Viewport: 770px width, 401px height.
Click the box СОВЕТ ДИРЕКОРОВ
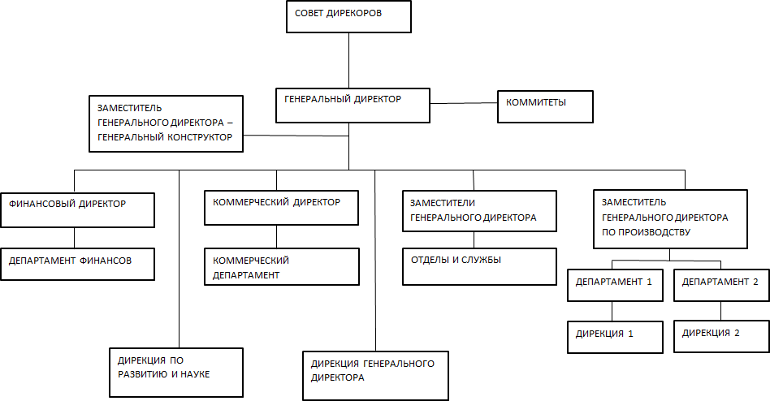(x=348, y=17)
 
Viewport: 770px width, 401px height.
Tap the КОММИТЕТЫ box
(x=545, y=106)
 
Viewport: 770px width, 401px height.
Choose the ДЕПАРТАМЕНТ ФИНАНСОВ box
(x=78, y=264)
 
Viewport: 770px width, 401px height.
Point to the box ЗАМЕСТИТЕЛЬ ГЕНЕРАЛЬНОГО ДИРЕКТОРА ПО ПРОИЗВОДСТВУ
(x=669, y=218)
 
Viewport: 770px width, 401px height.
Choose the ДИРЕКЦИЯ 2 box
(x=720, y=335)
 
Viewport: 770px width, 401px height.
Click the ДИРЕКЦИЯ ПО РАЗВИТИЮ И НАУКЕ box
(x=176, y=372)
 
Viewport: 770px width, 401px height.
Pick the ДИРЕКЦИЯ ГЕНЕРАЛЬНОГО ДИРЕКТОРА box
(x=376, y=375)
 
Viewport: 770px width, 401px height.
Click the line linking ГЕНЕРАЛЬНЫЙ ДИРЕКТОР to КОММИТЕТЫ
(x=462, y=103)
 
